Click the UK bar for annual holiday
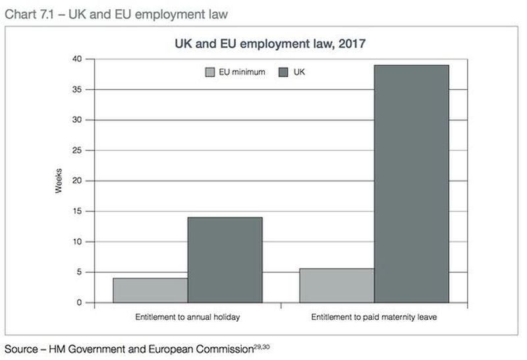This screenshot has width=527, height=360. point(225,260)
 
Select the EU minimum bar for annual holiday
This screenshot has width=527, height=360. point(150,290)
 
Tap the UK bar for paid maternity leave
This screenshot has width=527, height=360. point(411,184)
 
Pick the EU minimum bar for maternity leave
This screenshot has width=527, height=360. point(337,285)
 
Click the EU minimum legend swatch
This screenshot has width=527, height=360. point(210,72)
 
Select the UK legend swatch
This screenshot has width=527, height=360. point(285,72)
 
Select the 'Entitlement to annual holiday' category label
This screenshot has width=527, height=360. point(187,317)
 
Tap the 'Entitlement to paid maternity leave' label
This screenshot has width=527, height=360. point(374,317)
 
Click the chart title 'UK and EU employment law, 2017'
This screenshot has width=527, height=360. point(270,44)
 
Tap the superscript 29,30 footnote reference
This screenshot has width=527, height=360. point(262,345)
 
